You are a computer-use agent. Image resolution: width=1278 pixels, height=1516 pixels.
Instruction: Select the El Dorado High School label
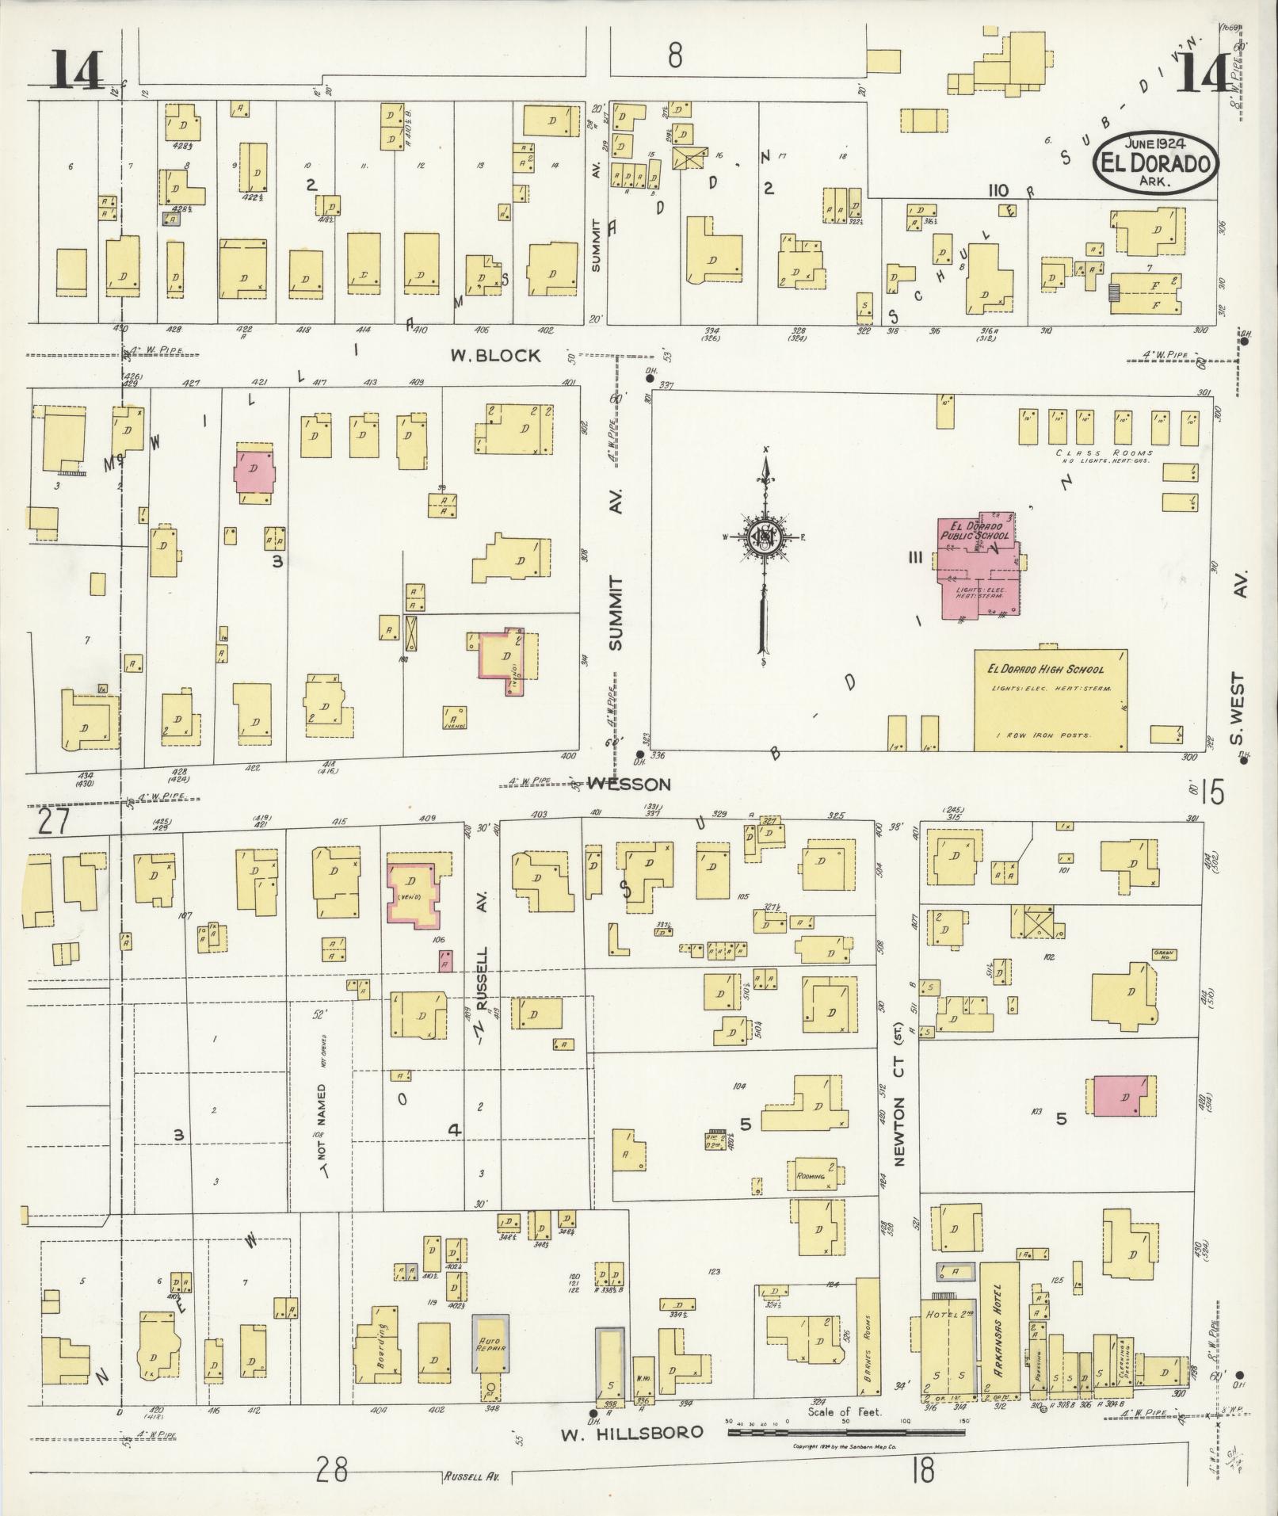(x=1045, y=670)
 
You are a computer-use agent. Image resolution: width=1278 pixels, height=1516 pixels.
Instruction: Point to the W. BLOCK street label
(x=495, y=356)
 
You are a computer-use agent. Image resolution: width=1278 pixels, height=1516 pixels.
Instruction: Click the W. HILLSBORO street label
(x=631, y=1432)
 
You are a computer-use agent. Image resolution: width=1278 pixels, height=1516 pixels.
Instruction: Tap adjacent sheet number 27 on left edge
(x=53, y=821)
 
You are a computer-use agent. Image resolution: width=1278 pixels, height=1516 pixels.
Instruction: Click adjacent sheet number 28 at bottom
(x=330, y=1471)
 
